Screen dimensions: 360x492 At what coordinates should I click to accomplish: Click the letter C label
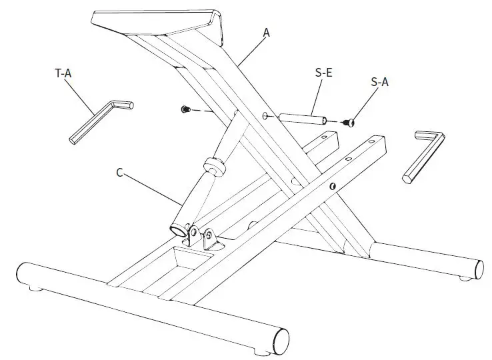click(x=119, y=172)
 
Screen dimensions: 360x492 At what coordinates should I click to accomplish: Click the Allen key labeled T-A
click(x=100, y=121)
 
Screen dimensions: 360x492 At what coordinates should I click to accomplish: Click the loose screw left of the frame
click(x=186, y=109)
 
